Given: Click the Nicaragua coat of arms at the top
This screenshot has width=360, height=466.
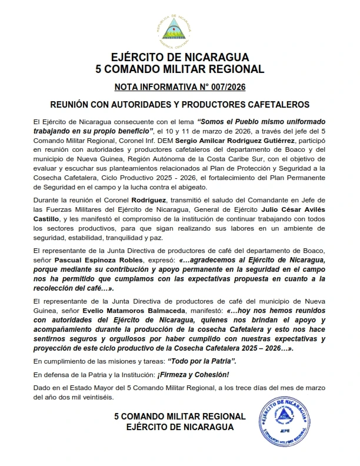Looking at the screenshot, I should pyautogui.click(x=179, y=29).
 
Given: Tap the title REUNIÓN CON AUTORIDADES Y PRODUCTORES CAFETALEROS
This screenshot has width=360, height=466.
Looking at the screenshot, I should pyautogui.click(x=179, y=102).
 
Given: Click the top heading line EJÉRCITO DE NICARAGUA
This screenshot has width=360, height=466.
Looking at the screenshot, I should pyautogui.click(x=179, y=57).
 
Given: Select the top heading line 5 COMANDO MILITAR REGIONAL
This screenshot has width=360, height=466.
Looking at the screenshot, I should pyautogui.click(x=179, y=69).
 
